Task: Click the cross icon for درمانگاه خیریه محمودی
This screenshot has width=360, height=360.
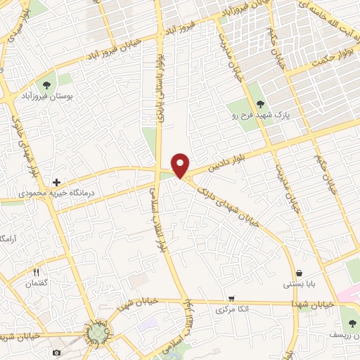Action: pyautogui.click(x=57, y=182)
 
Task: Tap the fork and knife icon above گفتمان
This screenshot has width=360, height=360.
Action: pyautogui.click(x=35, y=272)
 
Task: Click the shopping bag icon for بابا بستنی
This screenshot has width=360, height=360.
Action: pyautogui.click(x=300, y=273)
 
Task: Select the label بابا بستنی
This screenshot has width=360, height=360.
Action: pyautogui.click(x=299, y=284)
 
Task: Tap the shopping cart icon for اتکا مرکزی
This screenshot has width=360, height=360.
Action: pyautogui.click(x=230, y=298)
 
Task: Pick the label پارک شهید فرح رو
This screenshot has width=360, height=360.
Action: pyautogui.click(x=252, y=115)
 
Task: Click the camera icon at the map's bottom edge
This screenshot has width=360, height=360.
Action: pyautogui.click(x=57, y=351)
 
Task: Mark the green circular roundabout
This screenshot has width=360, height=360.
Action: pyautogui.click(x=98, y=334)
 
